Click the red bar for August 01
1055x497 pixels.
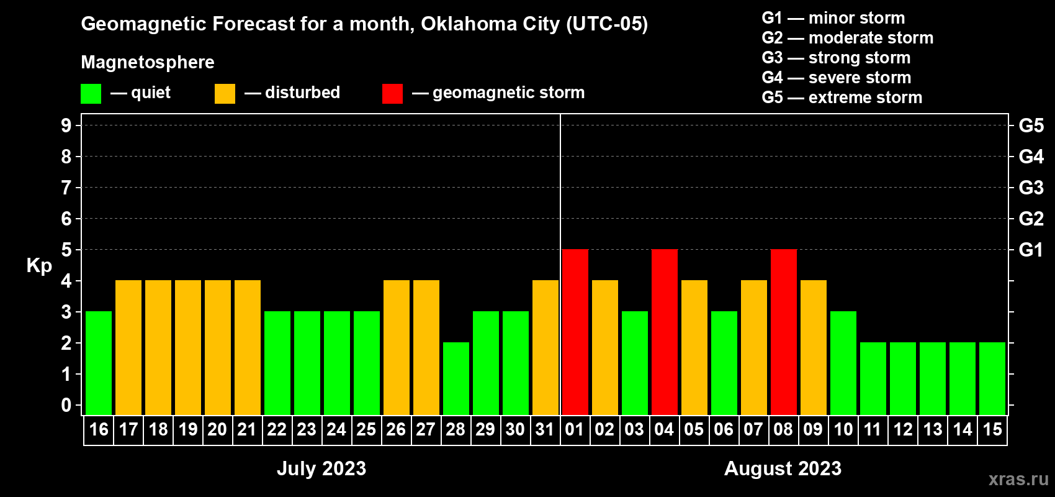click(x=575, y=332)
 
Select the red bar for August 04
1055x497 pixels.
click(x=665, y=332)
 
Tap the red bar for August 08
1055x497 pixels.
click(x=784, y=332)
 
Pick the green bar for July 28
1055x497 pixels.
click(x=456, y=378)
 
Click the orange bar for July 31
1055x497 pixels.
click(x=545, y=347)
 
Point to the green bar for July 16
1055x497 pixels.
click(x=99, y=363)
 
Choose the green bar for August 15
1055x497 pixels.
click(x=992, y=378)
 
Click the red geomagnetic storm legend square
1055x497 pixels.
click(x=392, y=94)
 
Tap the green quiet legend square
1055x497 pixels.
click(x=91, y=94)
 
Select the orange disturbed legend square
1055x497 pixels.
click(x=225, y=94)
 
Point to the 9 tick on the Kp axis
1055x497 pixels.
click(x=66, y=125)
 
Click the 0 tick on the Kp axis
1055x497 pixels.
click(x=66, y=405)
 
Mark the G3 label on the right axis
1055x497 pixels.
click(x=1031, y=188)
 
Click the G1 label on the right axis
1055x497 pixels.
click(x=1031, y=250)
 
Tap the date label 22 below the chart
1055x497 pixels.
click(x=277, y=430)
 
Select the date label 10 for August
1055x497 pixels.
click(x=843, y=430)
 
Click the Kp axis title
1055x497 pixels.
click(x=39, y=266)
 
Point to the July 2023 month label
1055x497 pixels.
click(x=321, y=468)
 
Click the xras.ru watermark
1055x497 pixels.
click(x=1018, y=479)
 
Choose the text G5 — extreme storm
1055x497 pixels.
click(x=842, y=98)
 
